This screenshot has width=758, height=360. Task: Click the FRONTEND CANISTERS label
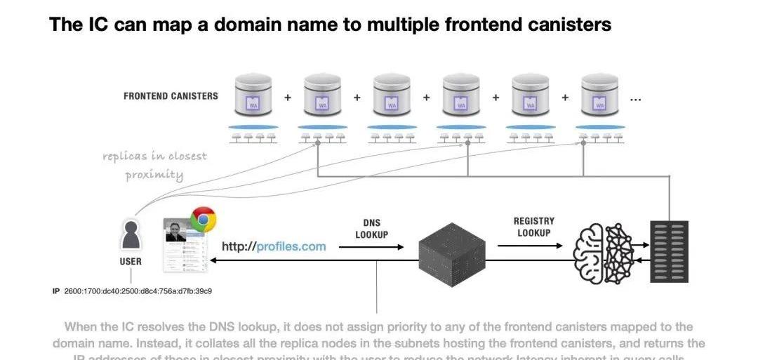[171, 96]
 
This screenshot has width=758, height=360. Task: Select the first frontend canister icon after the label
[253, 96]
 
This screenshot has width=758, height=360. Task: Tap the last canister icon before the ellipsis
[599, 96]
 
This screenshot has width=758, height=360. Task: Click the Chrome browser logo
[203, 220]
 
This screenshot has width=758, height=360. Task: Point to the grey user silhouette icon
[131, 235]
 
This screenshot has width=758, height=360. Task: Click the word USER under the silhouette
[131, 261]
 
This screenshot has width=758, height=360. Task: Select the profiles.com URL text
[274, 246]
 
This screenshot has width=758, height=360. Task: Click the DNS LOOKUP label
[371, 229]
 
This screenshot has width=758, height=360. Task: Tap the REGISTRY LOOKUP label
[534, 227]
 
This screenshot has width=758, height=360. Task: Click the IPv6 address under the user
[138, 291]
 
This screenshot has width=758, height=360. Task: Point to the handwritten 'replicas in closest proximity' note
[154, 165]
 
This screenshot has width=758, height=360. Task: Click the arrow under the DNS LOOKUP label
[371, 247]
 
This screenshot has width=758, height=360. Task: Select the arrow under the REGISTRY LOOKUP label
[530, 246]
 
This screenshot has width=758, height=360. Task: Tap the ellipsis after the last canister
[635, 99]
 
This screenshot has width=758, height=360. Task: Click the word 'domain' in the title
[254, 25]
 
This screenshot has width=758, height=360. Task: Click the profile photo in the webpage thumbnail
[175, 231]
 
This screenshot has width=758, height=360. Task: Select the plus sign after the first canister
[288, 98]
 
